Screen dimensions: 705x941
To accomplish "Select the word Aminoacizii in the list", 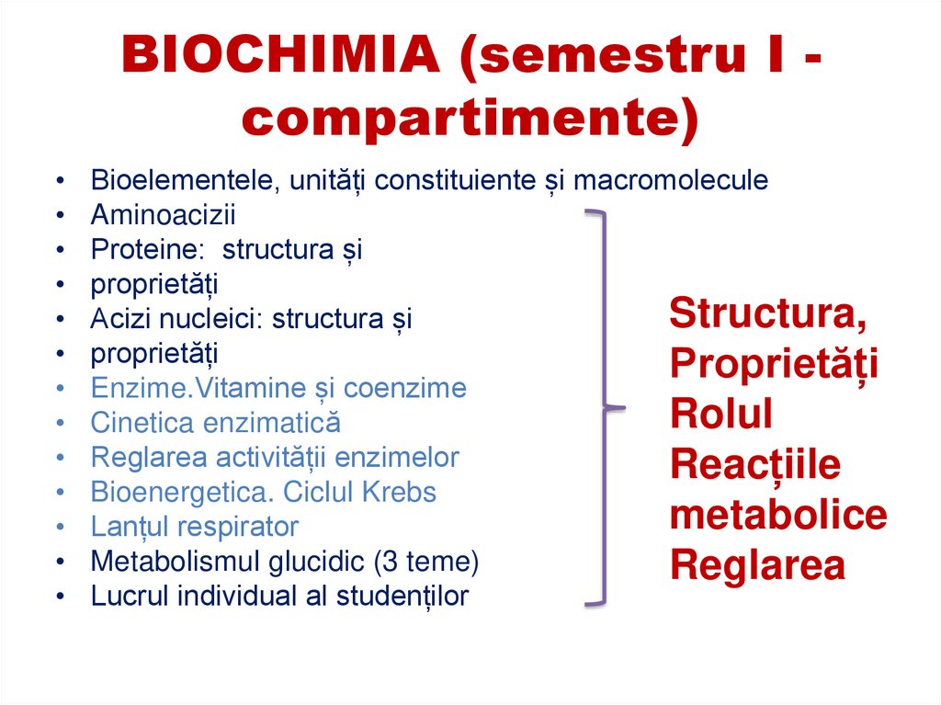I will click(x=163, y=215).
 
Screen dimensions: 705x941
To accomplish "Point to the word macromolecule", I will click(x=670, y=180).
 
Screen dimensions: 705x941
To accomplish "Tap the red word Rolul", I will click(x=720, y=414).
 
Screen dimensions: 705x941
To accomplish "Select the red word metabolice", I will click(x=777, y=515).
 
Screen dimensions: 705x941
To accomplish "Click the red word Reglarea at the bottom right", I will click(x=756, y=565).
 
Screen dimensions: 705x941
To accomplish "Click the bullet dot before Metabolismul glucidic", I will click(x=60, y=562).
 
